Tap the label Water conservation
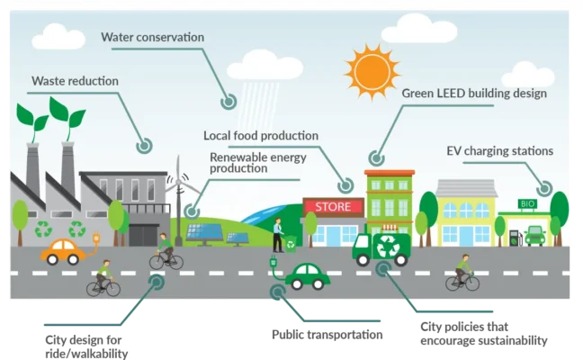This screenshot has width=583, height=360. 152,37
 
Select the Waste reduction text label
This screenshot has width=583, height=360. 75,81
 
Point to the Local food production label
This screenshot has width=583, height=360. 261,136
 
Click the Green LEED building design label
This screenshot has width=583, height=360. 474,93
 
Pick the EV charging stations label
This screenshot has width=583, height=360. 499,150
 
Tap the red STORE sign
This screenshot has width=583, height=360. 332,206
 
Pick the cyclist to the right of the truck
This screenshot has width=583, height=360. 462,272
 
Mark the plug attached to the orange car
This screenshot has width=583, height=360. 95,239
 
